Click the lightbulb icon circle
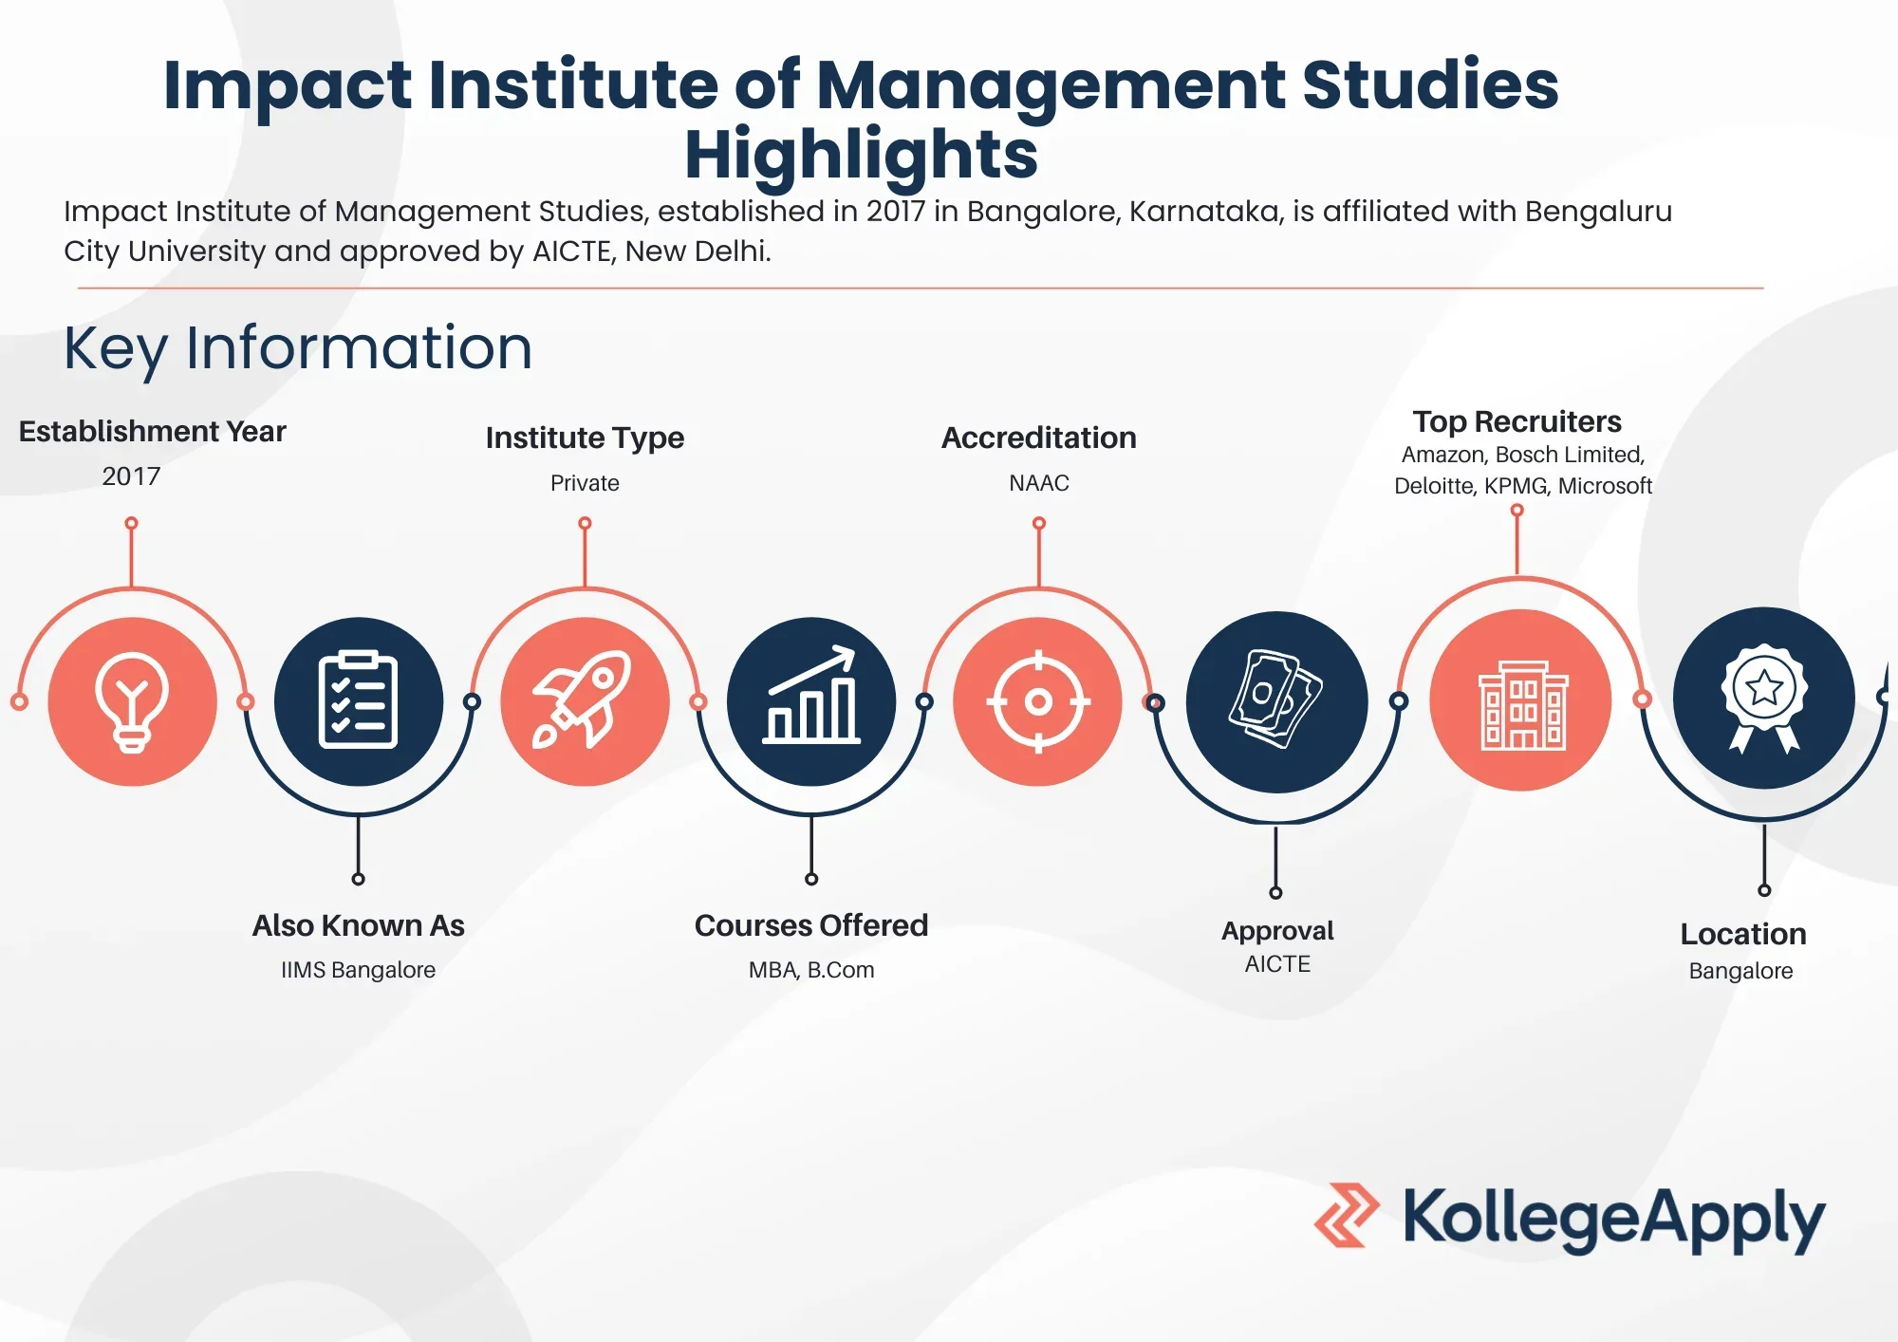(133, 701)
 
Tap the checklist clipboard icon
(359, 700)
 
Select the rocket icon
(583, 700)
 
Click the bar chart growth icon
(812, 695)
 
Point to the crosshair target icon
(1038, 701)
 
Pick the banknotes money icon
(1276, 699)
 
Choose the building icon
(1522, 705)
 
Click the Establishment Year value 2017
(131, 476)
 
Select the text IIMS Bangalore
(358, 970)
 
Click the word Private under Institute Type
(585, 483)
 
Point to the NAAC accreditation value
(1039, 483)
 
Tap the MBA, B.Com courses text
(811, 970)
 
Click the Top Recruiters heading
(1517, 421)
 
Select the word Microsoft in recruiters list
(1605, 486)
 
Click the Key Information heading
(298, 348)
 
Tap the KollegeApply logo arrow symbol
(1347, 1215)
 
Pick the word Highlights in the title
(862, 155)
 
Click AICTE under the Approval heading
(1277, 964)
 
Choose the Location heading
(1743, 934)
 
